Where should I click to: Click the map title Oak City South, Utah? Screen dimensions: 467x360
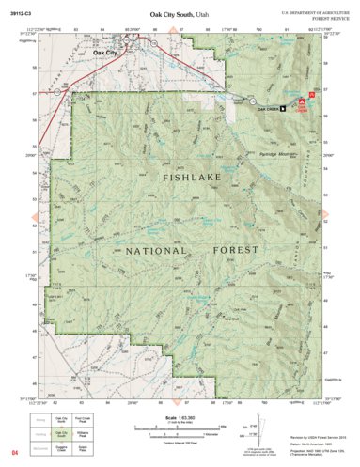click(x=180, y=14)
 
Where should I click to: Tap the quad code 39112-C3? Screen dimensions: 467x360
click(x=20, y=14)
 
